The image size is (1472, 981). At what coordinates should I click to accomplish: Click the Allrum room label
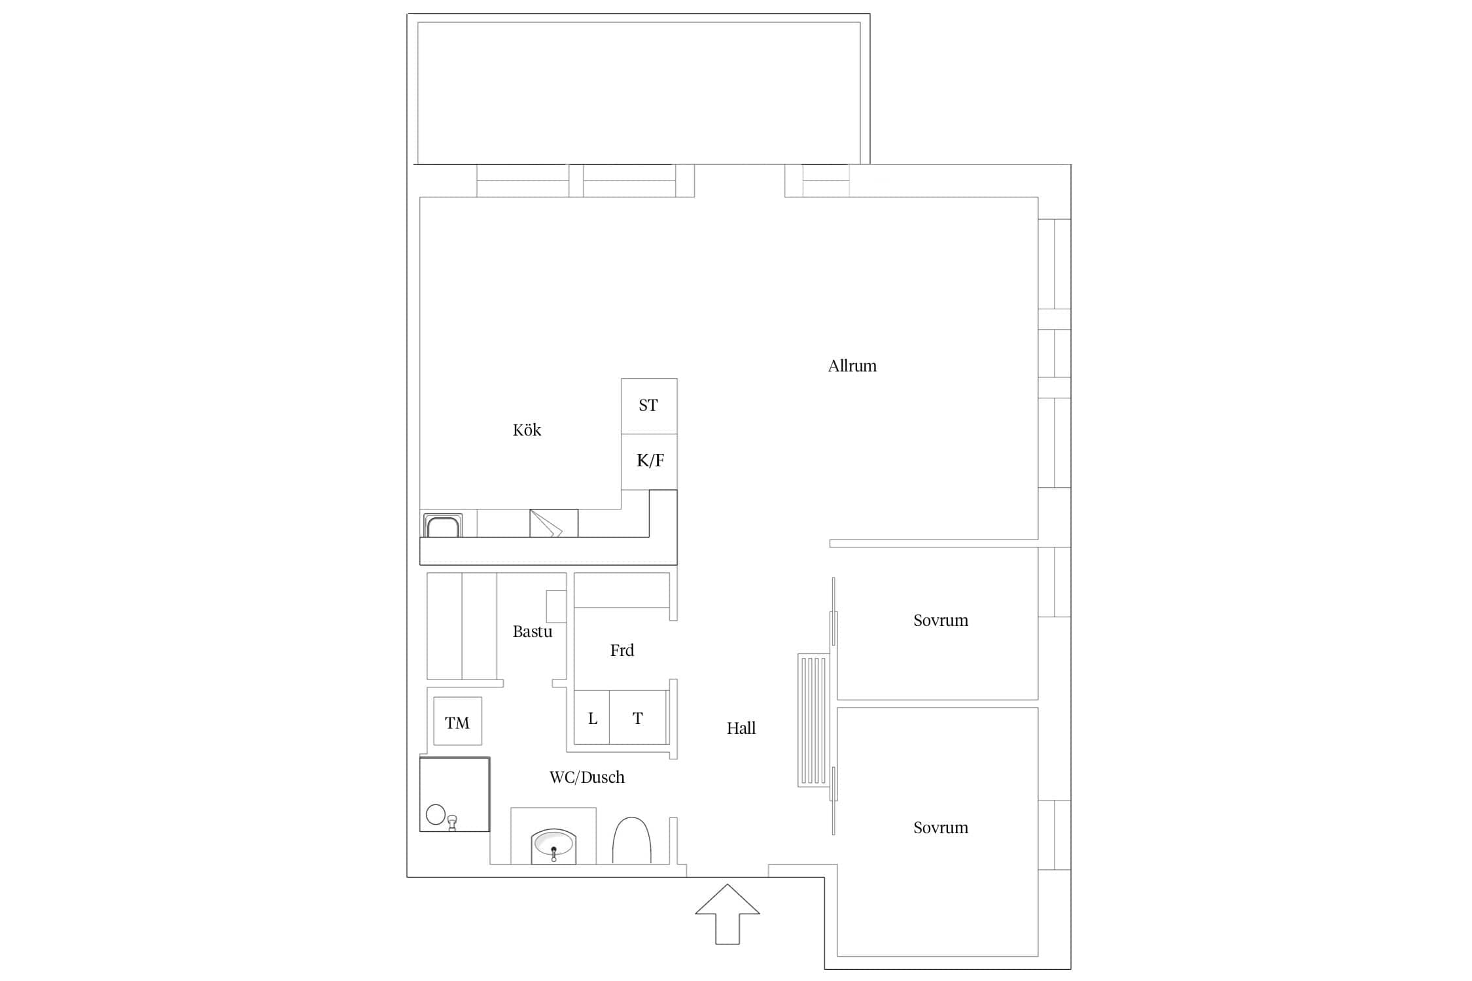point(852,366)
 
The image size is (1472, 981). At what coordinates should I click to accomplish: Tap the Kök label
point(527,430)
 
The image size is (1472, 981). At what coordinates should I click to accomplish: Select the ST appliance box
point(649,406)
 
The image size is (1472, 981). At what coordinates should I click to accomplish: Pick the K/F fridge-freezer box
point(649,462)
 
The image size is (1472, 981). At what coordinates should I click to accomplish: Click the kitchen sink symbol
point(443,526)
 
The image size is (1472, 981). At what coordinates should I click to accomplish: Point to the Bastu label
point(532,632)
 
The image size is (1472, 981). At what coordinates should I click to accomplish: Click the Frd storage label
point(622,650)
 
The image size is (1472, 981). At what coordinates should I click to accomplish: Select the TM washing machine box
point(457,721)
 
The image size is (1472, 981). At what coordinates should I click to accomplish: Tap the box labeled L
point(592,717)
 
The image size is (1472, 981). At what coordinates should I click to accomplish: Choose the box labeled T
point(639,717)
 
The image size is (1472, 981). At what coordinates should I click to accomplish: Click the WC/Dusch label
point(587,777)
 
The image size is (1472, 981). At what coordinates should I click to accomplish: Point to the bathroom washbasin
point(553,846)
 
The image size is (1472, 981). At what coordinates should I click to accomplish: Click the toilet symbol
point(631,840)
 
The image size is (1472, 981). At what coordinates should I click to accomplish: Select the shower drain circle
point(436,814)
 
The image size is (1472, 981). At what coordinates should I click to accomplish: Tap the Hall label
point(741,728)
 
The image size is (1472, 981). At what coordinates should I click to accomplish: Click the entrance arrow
point(727,914)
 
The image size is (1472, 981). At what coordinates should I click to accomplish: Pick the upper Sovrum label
point(941,620)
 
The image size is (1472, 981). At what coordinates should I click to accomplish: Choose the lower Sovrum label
point(941,827)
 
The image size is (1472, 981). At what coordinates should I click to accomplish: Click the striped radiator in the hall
point(814,720)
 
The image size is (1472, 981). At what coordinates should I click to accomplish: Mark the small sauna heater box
point(556,606)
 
